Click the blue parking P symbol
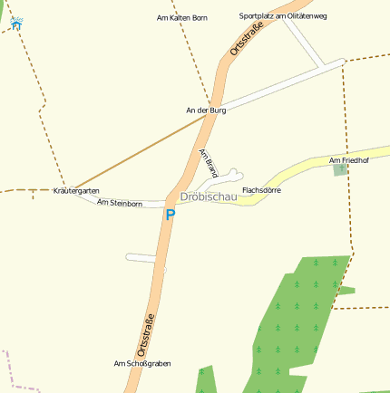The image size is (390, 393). (x=169, y=216)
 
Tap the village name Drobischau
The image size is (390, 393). (x=209, y=196)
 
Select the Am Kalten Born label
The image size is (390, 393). (x=182, y=17)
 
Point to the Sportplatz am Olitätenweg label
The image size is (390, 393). (x=283, y=16)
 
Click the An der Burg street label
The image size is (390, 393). (x=206, y=110)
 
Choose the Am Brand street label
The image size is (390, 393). (x=209, y=163)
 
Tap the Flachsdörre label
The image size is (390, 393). (x=261, y=190)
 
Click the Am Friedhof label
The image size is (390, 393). (x=349, y=160)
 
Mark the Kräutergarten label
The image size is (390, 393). (x=76, y=191)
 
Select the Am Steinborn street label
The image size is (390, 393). (x=120, y=204)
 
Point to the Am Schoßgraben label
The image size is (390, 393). (x=142, y=363)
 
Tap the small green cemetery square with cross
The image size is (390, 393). (x=341, y=169)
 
